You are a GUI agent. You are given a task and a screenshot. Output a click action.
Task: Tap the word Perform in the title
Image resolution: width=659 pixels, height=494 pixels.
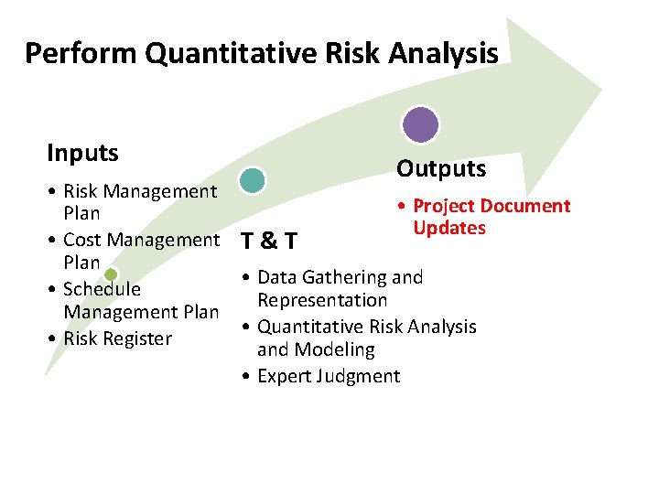click(81, 53)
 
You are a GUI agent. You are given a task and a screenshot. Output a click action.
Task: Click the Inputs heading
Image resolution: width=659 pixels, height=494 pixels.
click(82, 153)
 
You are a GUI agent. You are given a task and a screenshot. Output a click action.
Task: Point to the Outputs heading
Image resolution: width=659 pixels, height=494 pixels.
click(440, 169)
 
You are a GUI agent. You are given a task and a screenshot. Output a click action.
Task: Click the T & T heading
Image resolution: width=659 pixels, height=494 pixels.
click(267, 242)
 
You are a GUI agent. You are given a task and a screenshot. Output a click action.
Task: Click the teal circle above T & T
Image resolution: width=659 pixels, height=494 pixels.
click(252, 180)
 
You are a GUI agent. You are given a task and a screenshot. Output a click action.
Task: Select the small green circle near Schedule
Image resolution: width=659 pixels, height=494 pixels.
click(111, 274)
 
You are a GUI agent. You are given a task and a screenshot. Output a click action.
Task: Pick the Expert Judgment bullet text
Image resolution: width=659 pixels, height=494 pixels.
click(329, 376)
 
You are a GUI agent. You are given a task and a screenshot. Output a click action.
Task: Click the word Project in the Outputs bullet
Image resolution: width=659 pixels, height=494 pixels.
click(446, 206)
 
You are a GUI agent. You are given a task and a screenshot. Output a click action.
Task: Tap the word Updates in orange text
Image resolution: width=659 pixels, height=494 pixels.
click(448, 228)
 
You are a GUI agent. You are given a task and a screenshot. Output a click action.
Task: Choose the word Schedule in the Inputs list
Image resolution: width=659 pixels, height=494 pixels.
click(102, 289)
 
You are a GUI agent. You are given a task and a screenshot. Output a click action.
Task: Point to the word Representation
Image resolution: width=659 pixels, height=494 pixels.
click(322, 300)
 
